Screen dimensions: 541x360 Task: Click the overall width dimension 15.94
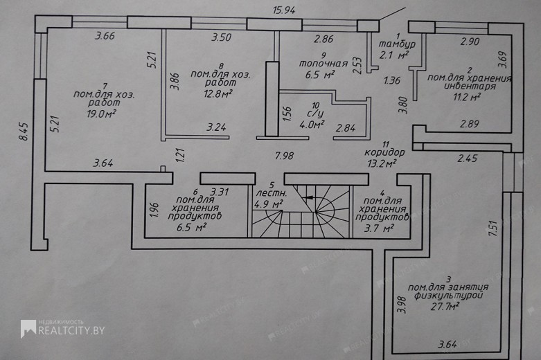(284, 10)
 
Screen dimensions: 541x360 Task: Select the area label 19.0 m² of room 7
(101, 114)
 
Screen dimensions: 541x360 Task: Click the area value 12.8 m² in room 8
(218, 93)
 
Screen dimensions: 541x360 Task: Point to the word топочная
(323, 64)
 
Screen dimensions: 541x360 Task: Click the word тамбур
(397, 44)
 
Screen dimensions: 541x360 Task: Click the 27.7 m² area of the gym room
(445, 306)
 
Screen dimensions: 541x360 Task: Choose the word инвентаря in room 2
(470, 87)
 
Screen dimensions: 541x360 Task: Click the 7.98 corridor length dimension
(284, 156)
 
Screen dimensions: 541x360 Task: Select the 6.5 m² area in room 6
(191, 227)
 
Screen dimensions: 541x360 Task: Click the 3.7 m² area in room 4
(379, 228)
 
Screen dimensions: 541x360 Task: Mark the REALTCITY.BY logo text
(71, 331)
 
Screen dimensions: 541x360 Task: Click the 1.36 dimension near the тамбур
(392, 80)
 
